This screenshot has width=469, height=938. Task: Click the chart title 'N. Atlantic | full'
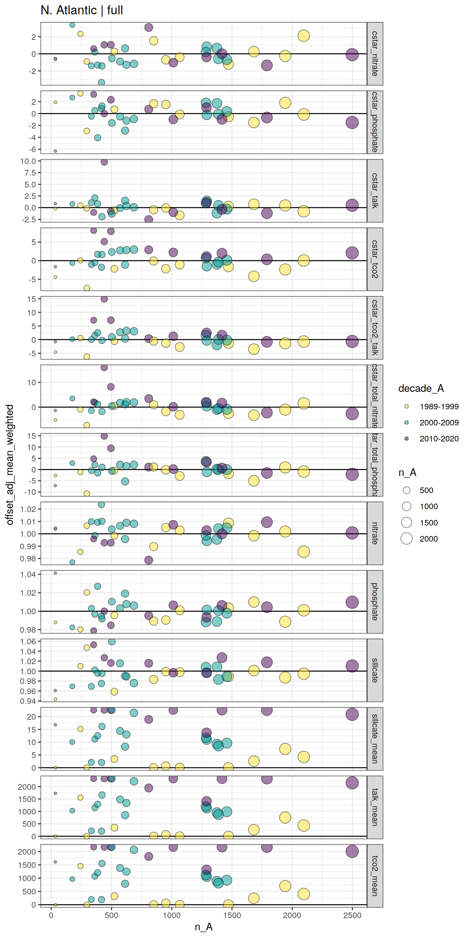point(82,10)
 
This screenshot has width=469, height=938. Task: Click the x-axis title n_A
point(203,927)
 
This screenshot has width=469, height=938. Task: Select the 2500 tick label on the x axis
point(352,915)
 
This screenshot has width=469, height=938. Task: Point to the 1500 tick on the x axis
point(232,915)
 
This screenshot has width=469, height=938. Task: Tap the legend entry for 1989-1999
point(439,407)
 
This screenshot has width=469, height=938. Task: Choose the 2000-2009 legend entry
point(439,422)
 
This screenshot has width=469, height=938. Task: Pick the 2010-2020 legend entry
point(439,438)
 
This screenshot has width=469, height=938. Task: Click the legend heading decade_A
point(421,388)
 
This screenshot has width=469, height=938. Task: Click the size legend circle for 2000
point(407,538)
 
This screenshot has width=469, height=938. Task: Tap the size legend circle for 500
point(407,490)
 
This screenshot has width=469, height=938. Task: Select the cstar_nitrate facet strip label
point(375,53)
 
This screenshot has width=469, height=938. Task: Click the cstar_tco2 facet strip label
point(375,259)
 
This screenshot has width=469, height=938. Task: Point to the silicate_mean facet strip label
point(375,738)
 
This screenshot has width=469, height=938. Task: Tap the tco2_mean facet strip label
point(375,876)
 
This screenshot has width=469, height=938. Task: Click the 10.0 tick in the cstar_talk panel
point(28,161)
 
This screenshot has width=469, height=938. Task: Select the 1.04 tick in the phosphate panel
point(28,574)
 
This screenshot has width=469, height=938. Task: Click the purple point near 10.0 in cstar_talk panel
point(104,162)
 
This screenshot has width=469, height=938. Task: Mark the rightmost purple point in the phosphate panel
point(352,602)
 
